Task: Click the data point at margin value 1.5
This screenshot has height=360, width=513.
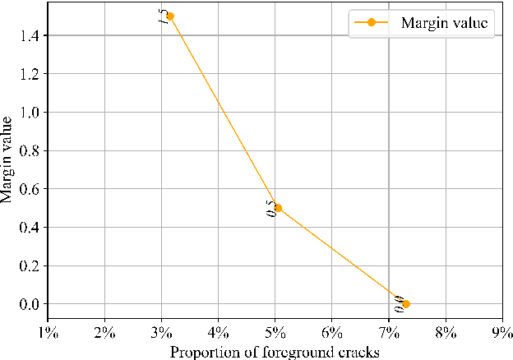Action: click(x=170, y=16)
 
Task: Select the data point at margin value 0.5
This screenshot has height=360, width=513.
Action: click(x=278, y=208)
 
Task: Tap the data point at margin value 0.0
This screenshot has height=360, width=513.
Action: click(x=406, y=304)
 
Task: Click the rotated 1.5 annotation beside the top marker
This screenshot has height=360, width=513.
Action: click(x=163, y=16)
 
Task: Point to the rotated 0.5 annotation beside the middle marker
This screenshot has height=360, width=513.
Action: click(x=270, y=209)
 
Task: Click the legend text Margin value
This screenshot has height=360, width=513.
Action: click(x=445, y=23)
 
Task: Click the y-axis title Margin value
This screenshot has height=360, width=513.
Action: click(x=7, y=159)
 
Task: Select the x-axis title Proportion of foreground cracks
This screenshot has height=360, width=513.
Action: click(x=274, y=353)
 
